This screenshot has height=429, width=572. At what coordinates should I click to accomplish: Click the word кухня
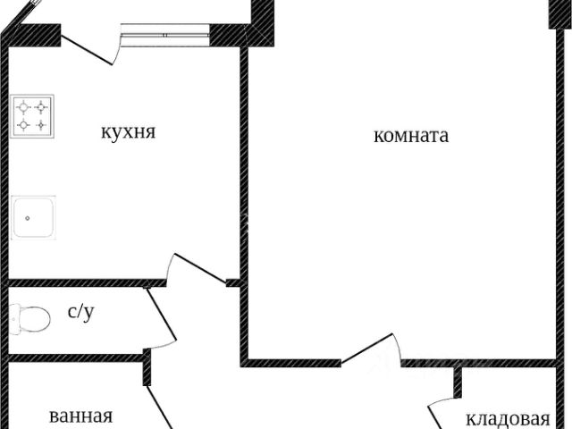pyautogui.click(x=128, y=131)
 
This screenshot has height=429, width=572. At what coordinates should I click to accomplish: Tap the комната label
pyautogui.click(x=411, y=136)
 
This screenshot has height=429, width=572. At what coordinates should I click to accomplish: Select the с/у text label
pyautogui.click(x=81, y=312)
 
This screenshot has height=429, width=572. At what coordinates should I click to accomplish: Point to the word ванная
pyautogui.click(x=81, y=416)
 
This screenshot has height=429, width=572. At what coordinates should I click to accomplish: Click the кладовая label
pyautogui.click(x=509, y=419)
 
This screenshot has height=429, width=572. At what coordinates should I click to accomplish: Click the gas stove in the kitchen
pyautogui.click(x=32, y=116)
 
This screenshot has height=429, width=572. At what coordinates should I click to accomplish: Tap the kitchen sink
pyautogui.click(x=33, y=217)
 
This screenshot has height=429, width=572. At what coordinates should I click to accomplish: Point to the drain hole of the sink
pyautogui.click(x=28, y=218)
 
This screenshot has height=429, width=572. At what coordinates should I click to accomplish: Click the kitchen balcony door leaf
pyautogui.click(x=87, y=50)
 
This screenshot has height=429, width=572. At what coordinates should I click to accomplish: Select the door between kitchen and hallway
pyautogui.click(x=200, y=268)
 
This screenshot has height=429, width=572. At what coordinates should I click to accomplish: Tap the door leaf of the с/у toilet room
pyautogui.click(x=162, y=314)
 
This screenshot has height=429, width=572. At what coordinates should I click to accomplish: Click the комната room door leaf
pyautogui.click(x=367, y=349)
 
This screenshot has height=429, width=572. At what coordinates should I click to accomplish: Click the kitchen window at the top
pyautogui.click(x=164, y=35)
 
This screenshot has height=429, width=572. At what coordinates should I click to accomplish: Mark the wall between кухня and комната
pyautogui.click(x=244, y=164)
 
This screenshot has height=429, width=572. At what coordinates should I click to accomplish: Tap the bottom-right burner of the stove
pyautogui.click(x=41, y=125)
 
